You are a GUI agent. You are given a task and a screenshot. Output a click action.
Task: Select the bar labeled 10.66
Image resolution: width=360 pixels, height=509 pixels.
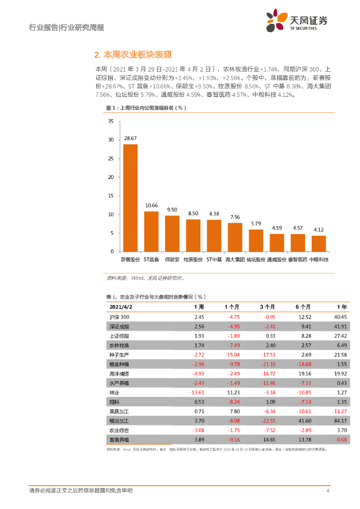(x=151, y=232)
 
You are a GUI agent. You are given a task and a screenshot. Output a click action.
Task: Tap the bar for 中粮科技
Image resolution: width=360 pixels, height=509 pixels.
(x=319, y=244)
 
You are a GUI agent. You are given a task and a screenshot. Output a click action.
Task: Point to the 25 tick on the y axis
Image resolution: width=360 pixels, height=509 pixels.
(x=111, y=158)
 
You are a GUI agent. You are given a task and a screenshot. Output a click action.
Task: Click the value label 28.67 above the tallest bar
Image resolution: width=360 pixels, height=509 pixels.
(x=130, y=138)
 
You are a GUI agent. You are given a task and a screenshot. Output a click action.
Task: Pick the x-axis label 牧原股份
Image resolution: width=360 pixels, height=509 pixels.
(x=193, y=259)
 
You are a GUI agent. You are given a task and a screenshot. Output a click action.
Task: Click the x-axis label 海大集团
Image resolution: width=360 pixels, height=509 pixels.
(x=235, y=259)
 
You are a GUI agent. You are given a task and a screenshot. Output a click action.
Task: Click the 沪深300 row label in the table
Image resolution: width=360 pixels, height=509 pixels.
(x=119, y=317)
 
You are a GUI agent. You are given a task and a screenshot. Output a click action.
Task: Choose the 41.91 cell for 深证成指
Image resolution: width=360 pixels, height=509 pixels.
(x=339, y=327)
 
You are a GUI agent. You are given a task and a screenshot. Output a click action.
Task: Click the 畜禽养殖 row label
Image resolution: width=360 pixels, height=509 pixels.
(x=119, y=439)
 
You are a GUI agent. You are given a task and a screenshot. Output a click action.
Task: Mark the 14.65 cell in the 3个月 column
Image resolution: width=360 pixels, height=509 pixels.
(x=269, y=439)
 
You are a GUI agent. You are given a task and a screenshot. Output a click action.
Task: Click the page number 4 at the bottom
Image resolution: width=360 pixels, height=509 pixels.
(x=328, y=491)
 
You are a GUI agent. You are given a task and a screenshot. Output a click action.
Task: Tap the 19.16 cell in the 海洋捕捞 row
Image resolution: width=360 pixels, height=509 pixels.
(x=304, y=373)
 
